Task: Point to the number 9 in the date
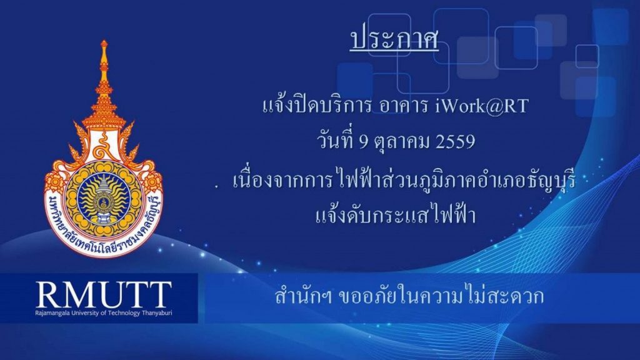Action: (x=364, y=142)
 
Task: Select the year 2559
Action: (x=456, y=142)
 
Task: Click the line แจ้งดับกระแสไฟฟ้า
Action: (x=396, y=215)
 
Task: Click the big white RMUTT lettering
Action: (x=104, y=294)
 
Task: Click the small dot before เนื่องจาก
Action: (x=217, y=186)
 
